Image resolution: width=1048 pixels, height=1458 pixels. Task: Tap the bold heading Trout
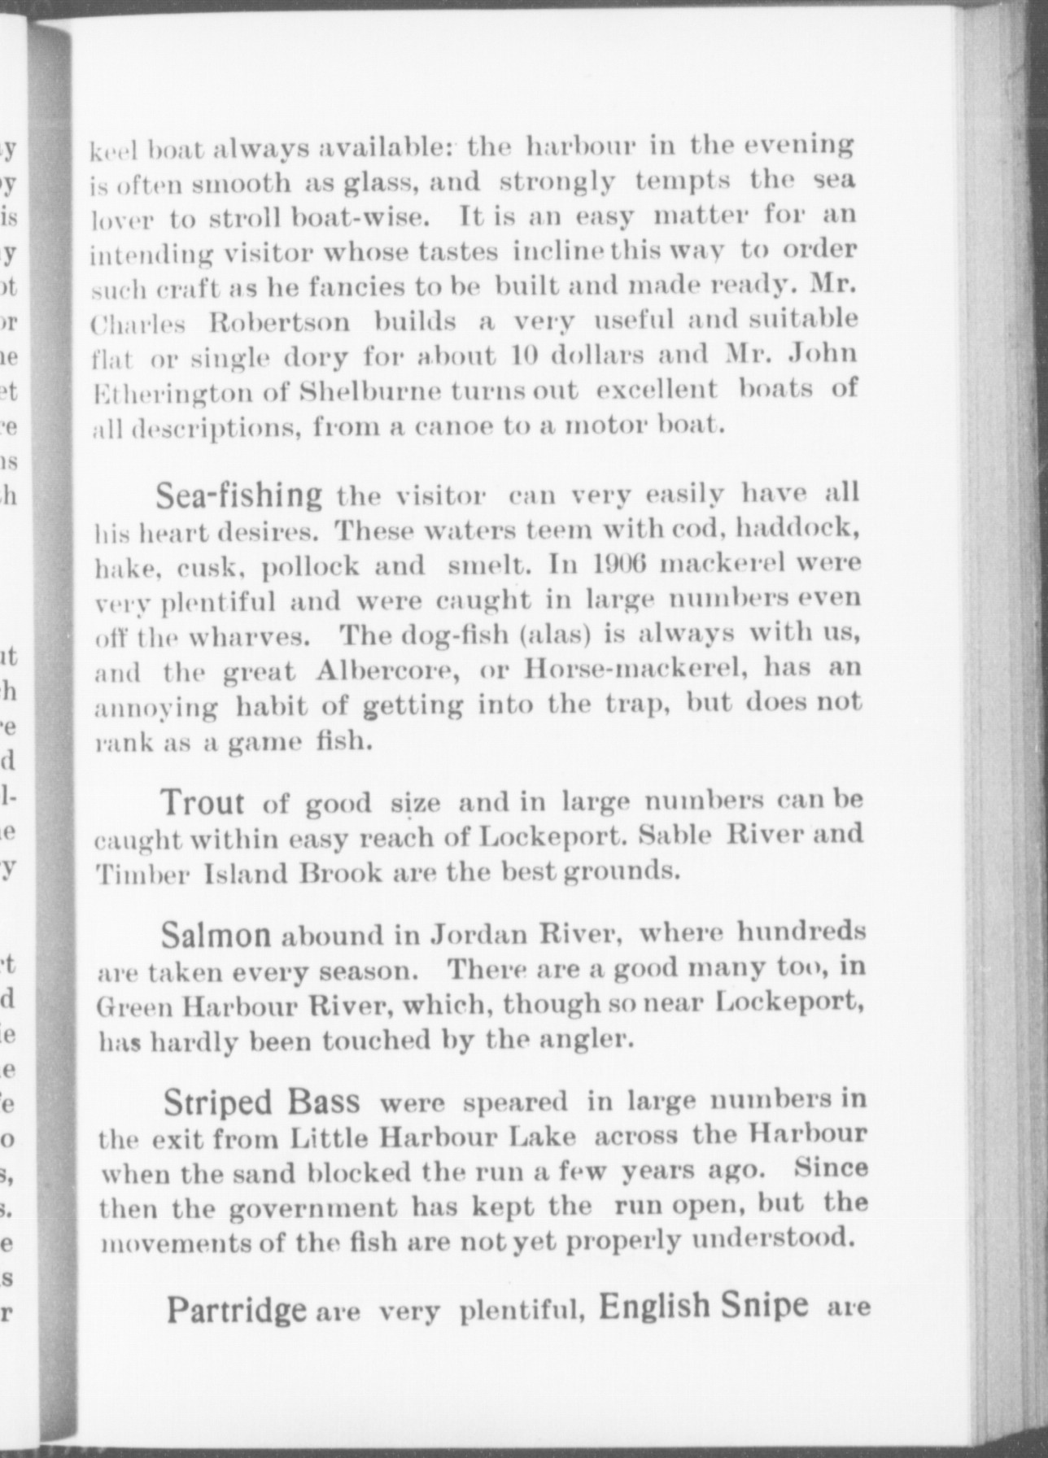(x=203, y=803)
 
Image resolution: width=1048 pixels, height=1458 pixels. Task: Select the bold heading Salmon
(x=216, y=936)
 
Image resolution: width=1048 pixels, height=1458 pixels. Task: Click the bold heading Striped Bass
(x=261, y=1103)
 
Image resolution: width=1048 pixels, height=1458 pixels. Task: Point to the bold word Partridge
(x=236, y=1311)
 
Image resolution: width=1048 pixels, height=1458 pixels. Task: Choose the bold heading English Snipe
(x=704, y=1306)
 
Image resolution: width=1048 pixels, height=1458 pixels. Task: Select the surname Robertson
(x=279, y=322)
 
